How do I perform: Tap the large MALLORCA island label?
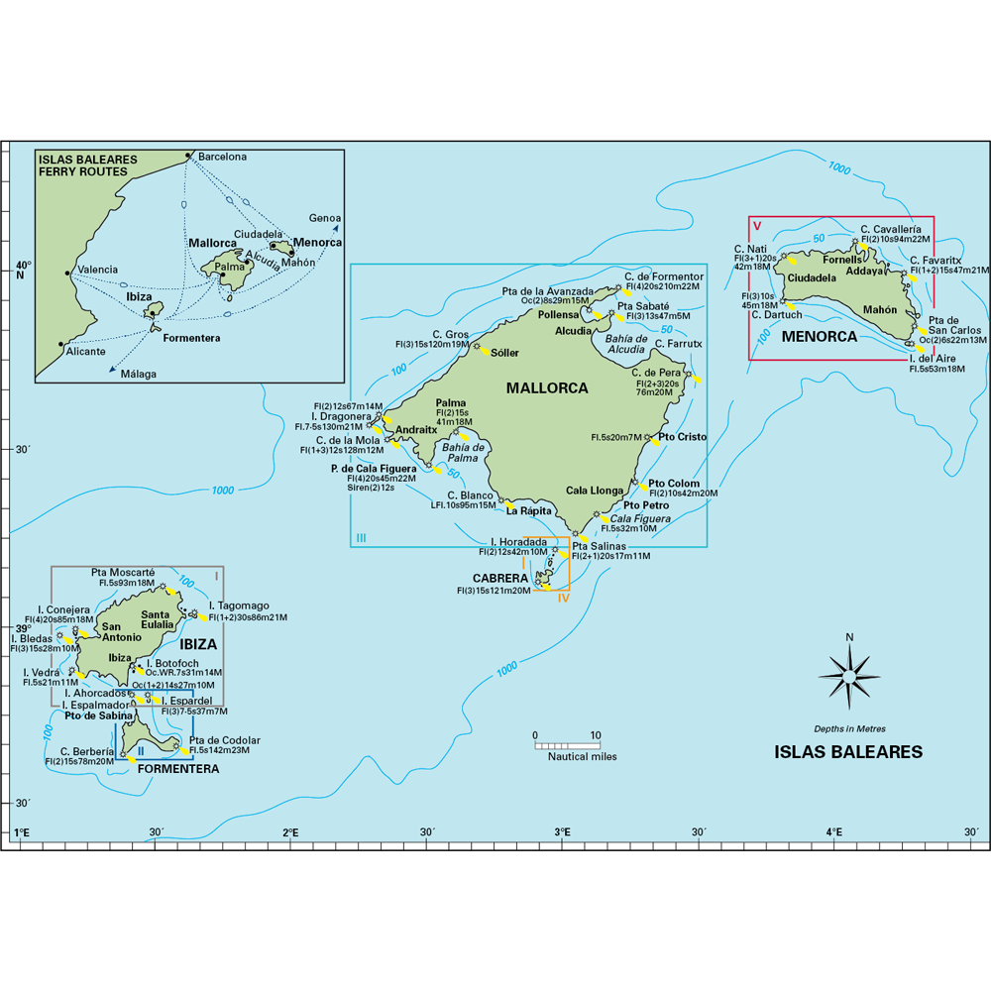[x=547, y=388]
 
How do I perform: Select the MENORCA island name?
[x=819, y=336]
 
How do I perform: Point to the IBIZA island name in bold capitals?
[x=199, y=643]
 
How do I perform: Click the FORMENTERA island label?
[x=178, y=768]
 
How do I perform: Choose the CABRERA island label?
[x=500, y=578]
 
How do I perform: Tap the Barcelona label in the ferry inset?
[x=222, y=157]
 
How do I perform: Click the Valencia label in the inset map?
[x=97, y=270]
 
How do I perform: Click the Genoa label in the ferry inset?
[x=325, y=218]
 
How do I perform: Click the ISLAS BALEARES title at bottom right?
[x=847, y=752]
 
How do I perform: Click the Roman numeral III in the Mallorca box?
[x=361, y=538]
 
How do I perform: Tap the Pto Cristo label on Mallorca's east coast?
[x=682, y=437]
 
